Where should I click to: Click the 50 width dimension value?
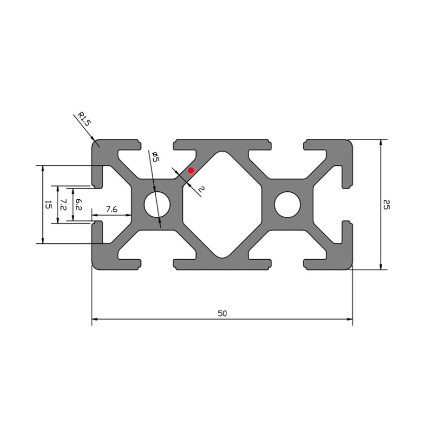point(222,313)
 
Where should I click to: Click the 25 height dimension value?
point(386,205)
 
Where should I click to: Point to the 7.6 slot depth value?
point(111,209)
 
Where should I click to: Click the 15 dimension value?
point(48,205)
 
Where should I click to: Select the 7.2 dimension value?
point(63,205)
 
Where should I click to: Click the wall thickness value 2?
point(201,189)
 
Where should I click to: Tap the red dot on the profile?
point(191,170)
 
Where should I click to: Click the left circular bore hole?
point(158,205)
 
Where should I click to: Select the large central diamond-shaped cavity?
point(223,205)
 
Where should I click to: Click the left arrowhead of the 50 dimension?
point(94,320)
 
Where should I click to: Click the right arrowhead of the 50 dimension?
point(350,320)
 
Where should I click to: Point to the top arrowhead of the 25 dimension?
point(381,142)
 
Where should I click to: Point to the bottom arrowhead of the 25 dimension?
point(381,267)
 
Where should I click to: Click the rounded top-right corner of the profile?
point(350,143)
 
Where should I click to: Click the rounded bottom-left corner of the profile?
point(95,267)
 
